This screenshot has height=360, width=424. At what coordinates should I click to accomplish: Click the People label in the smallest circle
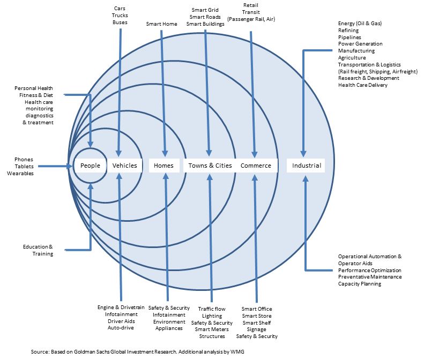[x=90, y=166]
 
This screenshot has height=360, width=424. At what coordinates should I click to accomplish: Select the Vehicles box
[x=124, y=166]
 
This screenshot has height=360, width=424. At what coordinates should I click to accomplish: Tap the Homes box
[x=163, y=166]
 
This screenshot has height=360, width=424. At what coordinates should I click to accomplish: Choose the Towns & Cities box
[x=210, y=166]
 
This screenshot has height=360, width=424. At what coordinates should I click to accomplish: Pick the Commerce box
[x=256, y=166]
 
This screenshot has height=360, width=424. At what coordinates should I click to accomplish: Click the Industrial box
[x=306, y=166]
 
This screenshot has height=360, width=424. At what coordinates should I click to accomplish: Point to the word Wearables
[x=20, y=174]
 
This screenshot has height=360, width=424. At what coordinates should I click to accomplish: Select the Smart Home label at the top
[x=161, y=24]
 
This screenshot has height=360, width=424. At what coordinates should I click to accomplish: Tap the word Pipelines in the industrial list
[x=349, y=37]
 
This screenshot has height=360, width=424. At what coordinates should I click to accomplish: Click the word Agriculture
[x=352, y=57]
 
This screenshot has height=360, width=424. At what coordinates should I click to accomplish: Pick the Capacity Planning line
[x=359, y=284]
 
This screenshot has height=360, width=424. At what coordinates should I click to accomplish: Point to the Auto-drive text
[x=121, y=327]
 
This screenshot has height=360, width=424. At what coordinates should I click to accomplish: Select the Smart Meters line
[x=212, y=329]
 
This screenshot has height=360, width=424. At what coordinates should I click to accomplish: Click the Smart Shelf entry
[x=256, y=322]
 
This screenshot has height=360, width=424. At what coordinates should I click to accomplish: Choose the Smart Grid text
[x=205, y=10]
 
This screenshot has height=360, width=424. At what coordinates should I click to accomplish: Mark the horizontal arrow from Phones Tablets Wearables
[x=54, y=166]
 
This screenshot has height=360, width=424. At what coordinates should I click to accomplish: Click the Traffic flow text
[x=212, y=309]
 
